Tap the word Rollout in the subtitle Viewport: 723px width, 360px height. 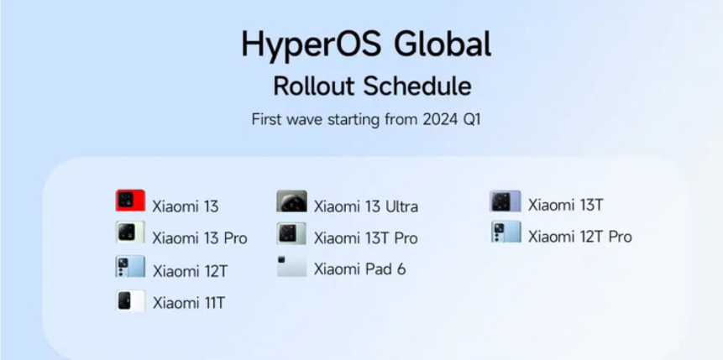315,86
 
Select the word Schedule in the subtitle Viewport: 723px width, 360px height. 418,86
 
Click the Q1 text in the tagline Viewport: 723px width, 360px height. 469,119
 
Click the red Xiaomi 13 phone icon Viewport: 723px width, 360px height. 130,201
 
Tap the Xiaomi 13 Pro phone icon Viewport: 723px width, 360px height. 130,232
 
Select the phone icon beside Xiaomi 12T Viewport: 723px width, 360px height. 130,267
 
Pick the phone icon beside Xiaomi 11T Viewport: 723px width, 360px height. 130,300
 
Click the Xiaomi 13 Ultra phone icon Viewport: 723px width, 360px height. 291,201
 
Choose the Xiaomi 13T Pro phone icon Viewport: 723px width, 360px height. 291,233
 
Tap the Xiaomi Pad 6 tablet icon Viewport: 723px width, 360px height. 291,266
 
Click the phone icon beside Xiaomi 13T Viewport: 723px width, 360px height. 506,201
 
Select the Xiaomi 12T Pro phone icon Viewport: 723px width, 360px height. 506,232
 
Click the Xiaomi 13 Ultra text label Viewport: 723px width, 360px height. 365,206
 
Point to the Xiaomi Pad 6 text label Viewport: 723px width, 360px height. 359,269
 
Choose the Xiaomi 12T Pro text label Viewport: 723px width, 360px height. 579,237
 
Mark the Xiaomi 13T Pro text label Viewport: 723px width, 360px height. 365,238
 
